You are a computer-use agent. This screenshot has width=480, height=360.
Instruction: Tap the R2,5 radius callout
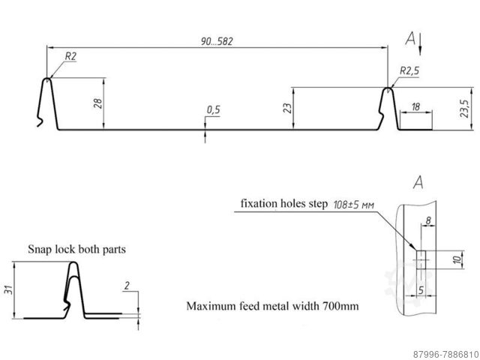point(409,71)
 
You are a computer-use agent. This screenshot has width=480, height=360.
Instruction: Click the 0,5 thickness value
point(213,110)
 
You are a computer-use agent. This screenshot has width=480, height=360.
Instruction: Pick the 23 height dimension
point(287,107)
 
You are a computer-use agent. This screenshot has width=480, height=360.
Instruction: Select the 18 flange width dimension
point(415,107)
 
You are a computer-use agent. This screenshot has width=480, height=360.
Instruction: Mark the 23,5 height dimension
point(465,107)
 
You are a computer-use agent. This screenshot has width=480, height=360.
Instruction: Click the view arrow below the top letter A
point(421,44)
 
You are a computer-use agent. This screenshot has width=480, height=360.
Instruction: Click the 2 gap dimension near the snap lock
point(128,284)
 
